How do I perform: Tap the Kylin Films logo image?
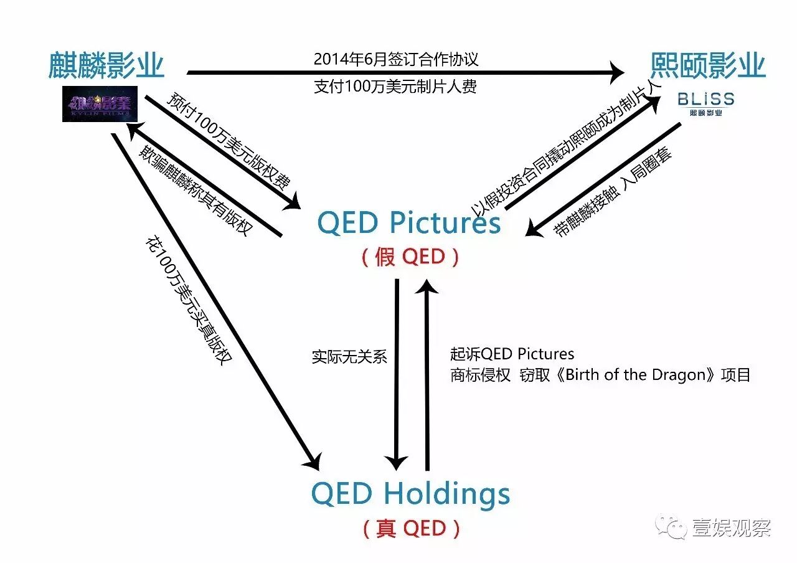(100, 103)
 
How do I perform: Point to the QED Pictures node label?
(408, 222)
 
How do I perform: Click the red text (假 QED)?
(410, 256)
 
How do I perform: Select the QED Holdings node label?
(410, 494)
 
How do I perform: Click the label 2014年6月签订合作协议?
(396, 60)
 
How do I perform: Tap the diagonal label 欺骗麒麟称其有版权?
(196, 191)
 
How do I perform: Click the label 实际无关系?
(349, 356)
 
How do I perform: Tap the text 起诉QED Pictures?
(512, 354)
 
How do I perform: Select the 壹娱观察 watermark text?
(731, 528)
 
